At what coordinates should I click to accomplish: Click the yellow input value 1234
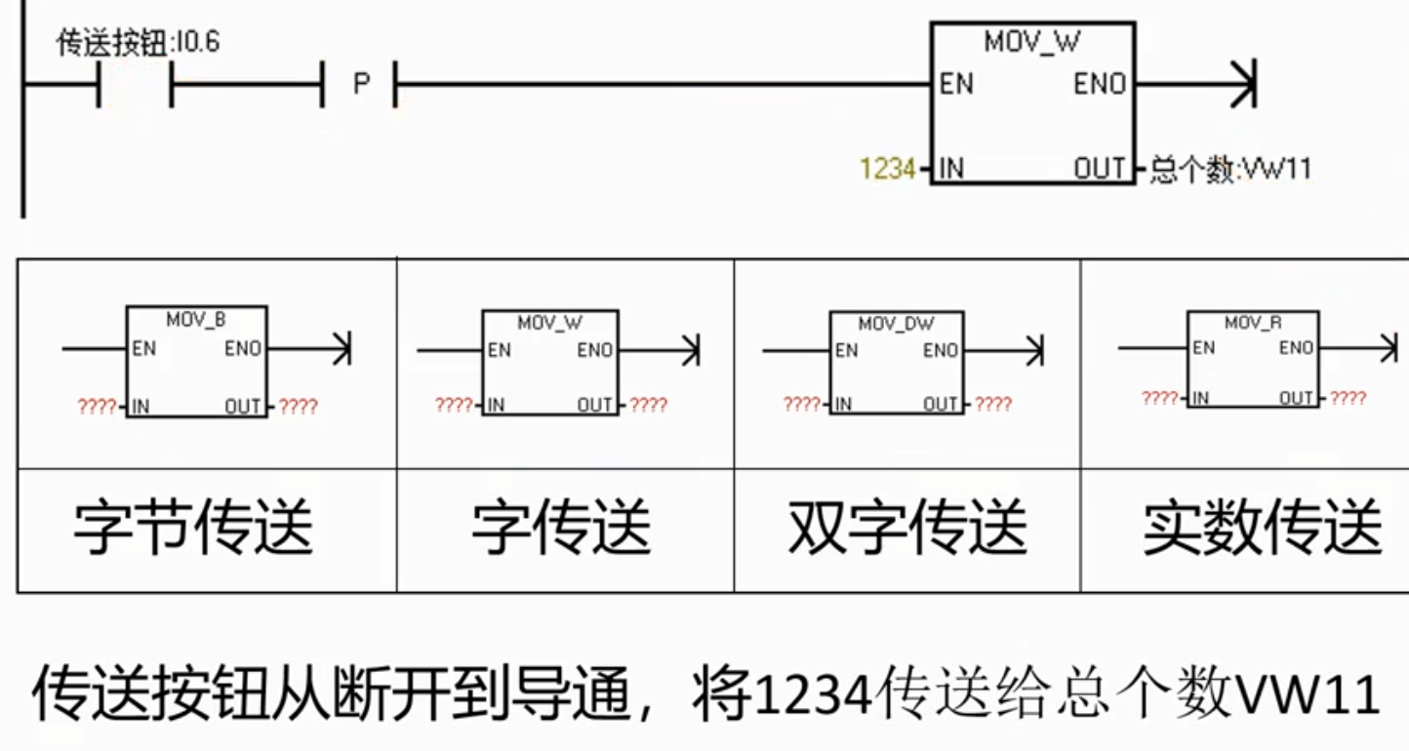(x=887, y=169)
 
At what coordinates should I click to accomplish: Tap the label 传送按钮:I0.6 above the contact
(x=138, y=43)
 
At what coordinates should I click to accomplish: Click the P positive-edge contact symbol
(x=360, y=84)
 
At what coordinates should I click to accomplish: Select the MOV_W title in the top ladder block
(x=1031, y=42)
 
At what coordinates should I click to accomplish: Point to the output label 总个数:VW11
(x=1230, y=169)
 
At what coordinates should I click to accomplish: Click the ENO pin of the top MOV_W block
(x=1100, y=84)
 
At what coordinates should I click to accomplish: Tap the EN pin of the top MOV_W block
(x=956, y=84)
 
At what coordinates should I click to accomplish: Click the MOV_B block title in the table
(x=195, y=320)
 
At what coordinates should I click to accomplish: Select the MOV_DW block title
(x=897, y=324)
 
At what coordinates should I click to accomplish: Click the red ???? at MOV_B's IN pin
(x=97, y=407)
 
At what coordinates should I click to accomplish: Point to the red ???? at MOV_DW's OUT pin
(x=992, y=404)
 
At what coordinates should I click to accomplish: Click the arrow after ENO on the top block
(x=1196, y=84)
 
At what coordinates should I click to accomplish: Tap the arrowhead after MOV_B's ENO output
(x=342, y=348)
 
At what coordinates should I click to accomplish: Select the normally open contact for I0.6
(x=135, y=84)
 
